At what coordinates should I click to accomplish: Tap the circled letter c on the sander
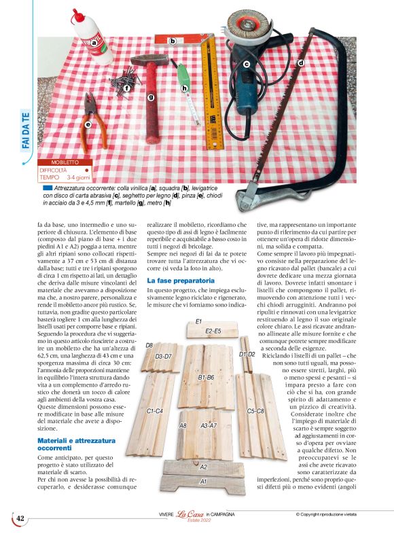click(247, 65)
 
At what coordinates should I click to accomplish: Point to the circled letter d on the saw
click(300, 62)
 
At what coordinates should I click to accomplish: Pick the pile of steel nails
click(129, 85)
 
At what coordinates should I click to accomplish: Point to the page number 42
click(20, 518)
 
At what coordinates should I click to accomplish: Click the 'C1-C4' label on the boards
click(155, 411)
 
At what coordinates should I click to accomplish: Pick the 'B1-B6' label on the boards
click(206, 376)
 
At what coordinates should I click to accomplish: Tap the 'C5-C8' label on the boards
click(255, 411)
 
